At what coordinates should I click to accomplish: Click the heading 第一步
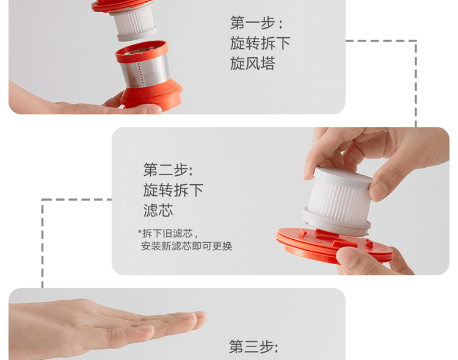tap(256, 23)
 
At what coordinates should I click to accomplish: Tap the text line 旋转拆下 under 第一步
tap(260, 43)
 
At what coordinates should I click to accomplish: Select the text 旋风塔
tap(253, 63)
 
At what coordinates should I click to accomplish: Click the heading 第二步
tap(168, 170)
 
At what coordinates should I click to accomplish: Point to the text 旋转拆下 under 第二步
tap(173, 190)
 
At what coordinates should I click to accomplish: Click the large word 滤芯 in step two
tap(158, 211)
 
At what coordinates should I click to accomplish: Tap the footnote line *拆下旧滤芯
tap(168, 234)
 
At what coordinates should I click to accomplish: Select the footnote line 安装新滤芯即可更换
tap(187, 246)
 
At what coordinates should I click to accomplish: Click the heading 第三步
tap(253, 347)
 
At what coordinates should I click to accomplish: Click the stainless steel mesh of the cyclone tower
tap(145, 71)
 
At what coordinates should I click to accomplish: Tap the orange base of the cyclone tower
tap(151, 96)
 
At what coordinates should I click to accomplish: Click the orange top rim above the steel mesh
tap(142, 51)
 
